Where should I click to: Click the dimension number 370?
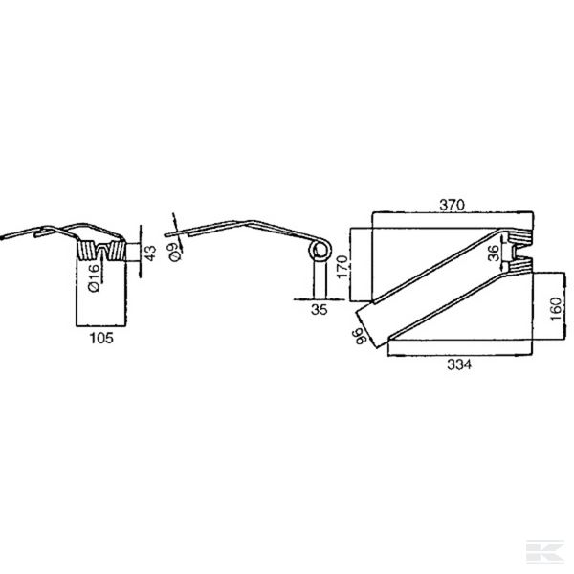[452, 205]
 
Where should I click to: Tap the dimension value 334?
[459, 364]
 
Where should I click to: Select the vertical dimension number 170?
[342, 267]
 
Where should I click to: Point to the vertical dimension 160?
[556, 309]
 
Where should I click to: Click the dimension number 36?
[494, 253]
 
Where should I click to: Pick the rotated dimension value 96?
[361, 336]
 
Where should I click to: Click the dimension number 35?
[319, 310]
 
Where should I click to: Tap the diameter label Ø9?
[176, 251]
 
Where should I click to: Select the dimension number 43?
[150, 253]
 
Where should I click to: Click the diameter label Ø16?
[94, 277]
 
